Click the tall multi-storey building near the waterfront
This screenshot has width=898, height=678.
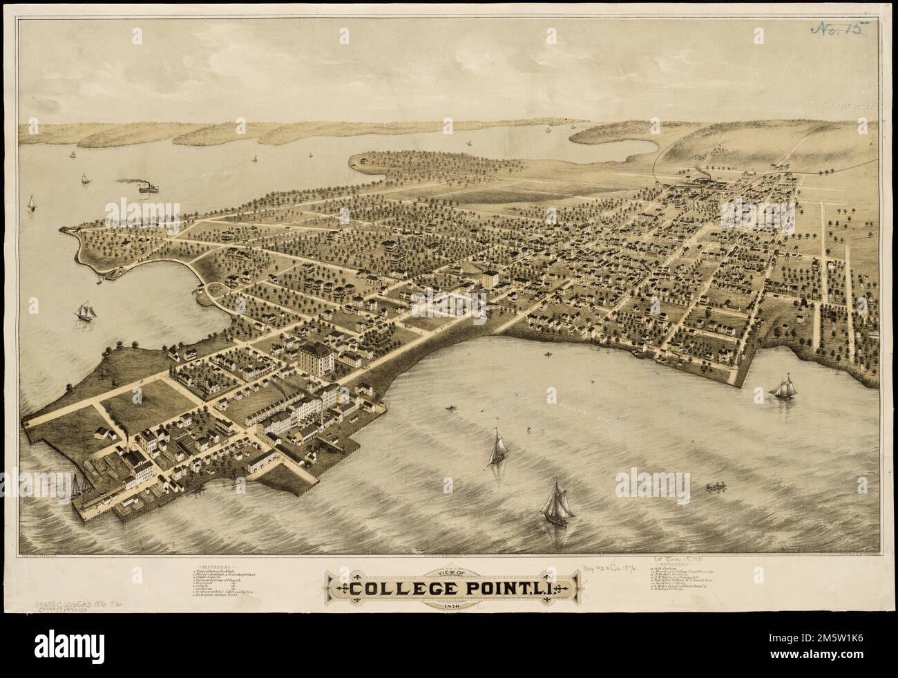316,358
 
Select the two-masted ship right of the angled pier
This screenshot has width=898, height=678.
785,387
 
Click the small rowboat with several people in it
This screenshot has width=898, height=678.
716,488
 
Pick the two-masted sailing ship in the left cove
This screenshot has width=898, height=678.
87,309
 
